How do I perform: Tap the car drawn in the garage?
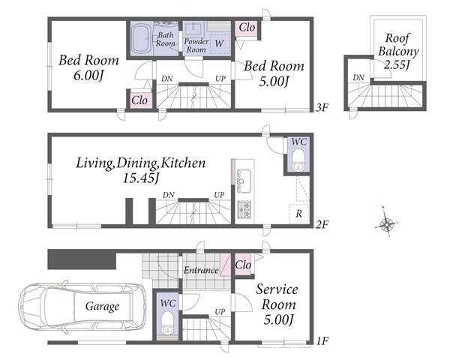point(82,307)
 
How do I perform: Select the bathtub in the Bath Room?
point(142,39)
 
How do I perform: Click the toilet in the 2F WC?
point(298,159)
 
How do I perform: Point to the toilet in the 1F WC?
point(167,323)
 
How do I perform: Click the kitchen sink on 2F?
point(244,181)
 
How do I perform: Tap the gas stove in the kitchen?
point(244,209)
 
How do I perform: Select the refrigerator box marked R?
point(298,213)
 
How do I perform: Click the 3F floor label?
point(322,108)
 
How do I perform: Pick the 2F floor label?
point(322,224)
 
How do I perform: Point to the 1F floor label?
point(322,340)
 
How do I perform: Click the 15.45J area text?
point(141,178)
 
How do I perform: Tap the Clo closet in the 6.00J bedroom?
point(139,100)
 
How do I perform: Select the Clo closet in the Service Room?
point(243,265)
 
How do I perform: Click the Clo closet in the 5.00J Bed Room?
point(247,28)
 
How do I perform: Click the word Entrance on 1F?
point(201,270)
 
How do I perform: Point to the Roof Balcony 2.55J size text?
point(397,65)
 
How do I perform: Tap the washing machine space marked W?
point(220,43)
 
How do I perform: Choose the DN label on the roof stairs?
point(358,77)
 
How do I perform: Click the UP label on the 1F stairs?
point(220,311)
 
